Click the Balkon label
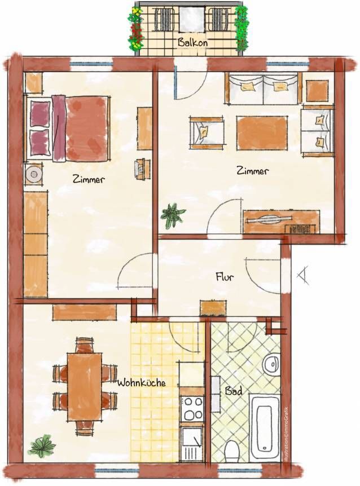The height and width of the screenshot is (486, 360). click(x=192, y=42)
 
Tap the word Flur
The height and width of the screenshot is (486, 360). click(x=225, y=277)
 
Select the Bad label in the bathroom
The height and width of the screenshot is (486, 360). click(x=234, y=391)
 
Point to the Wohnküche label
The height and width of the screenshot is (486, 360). click(x=142, y=383)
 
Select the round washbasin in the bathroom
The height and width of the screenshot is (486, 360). click(x=271, y=364)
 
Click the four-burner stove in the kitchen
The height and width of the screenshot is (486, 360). click(x=192, y=409)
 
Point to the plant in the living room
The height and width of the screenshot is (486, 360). click(x=173, y=215)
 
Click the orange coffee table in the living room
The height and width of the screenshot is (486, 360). click(x=262, y=132)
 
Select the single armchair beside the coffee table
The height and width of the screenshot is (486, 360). click(x=206, y=131)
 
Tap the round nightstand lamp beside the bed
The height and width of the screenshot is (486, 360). click(x=33, y=174)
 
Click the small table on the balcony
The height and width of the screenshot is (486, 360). click(x=192, y=19)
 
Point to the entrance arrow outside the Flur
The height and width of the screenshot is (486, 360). click(x=303, y=275)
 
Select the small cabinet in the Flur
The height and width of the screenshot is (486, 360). click(x=213, y=308)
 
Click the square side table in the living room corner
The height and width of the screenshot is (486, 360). click(x=317, y=91)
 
